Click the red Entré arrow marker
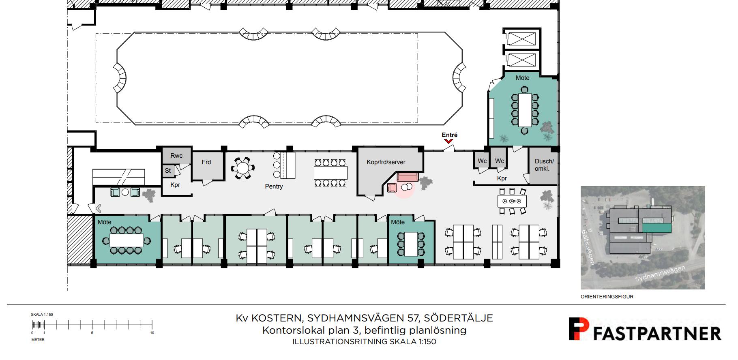(448, 141)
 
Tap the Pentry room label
(274, 186)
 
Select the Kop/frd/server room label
(386, 162)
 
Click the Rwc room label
(176, 156)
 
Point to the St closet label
(168, 171)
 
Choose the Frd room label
(206, 162)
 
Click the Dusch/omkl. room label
(544, 165)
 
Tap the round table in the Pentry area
(242, 168)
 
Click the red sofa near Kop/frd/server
(408, 177)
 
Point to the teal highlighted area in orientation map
(657, 228)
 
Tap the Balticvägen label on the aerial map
(588, 247)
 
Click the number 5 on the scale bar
(92, 333)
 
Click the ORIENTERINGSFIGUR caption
(607, 297)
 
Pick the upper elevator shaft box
(522, 39)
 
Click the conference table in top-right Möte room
(525, 109)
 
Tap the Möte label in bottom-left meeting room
(105, 222)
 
